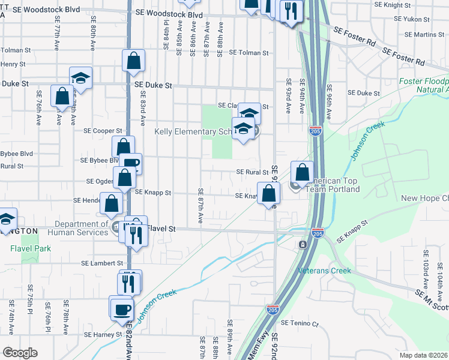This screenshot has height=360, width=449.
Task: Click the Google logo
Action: [x=20, y=353]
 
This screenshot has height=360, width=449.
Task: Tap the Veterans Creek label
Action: [x=325, y=271]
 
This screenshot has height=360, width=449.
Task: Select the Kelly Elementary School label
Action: [x=193, y=131]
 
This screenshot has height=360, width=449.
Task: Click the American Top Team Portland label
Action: [x=331, y=185]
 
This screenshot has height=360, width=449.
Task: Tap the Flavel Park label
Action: [x=30, y=248]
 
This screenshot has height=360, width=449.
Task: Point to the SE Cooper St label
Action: [x=103, y=130]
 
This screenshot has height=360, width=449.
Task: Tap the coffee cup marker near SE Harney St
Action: [x=122, y=308]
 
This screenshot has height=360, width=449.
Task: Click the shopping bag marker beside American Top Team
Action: [x=303, y=172]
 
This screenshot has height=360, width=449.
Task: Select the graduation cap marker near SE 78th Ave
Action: [x=80, y=78]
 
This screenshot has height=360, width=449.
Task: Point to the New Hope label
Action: [x=424, y=198]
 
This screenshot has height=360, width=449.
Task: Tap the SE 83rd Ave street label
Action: [x=143, y=108]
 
